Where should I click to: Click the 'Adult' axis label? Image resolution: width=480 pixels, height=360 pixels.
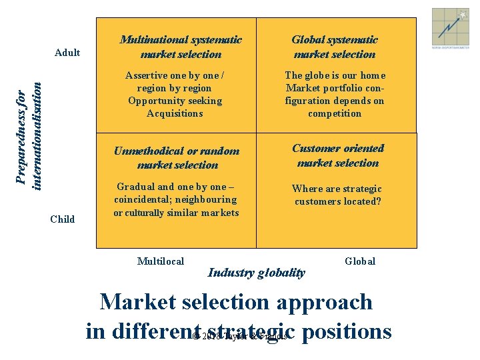(67, 53)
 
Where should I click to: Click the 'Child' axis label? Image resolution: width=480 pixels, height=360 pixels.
(63, 219)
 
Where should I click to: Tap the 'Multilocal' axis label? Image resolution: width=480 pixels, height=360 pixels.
(160, 261)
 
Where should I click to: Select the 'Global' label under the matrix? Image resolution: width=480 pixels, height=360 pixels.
(360, 261)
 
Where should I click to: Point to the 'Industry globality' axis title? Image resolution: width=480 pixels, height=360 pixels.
(257, 272)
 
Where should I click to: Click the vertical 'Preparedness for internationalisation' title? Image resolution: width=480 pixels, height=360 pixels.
(32, 135)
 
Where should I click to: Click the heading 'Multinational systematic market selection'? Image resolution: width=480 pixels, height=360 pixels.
(181, 47)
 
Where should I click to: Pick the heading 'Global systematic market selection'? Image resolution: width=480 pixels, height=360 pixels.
(334, 47)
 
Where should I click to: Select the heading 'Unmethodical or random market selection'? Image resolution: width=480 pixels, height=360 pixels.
(177, 157)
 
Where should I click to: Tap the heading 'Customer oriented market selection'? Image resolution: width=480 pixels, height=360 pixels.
(338, 155)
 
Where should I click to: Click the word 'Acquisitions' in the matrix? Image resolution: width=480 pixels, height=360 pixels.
(175, 113)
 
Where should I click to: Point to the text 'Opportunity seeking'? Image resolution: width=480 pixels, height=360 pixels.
(175, 101)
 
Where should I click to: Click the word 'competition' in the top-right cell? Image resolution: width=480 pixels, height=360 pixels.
(335, 113)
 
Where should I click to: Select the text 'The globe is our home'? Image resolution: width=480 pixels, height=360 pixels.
(335, 75)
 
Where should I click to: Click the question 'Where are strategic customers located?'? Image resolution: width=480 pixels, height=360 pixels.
(337, 195)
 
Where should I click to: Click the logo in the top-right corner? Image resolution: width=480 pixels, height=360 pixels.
(450, 29)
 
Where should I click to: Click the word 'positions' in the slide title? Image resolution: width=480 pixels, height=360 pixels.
(346, 331)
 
